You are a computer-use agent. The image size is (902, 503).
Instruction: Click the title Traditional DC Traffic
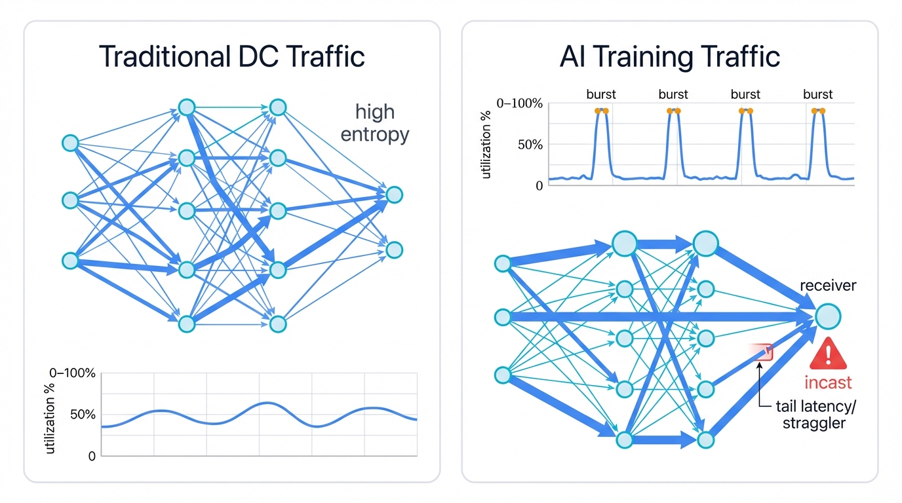[231, 57]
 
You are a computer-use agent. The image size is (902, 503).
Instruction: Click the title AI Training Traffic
[670, 57]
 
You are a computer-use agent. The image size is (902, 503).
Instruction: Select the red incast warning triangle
[829, 354]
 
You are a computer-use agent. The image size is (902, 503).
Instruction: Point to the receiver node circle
[828, 316]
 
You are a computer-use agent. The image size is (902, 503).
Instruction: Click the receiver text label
[828, 286]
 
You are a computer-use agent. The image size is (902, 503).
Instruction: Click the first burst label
[601, 94]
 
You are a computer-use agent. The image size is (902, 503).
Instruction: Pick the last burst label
[817, 94]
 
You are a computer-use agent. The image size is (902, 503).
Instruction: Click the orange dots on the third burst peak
[745, 111]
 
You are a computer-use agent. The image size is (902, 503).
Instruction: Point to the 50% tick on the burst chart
[530, 144]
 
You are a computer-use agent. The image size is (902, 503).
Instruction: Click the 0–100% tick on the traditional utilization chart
[72, 374]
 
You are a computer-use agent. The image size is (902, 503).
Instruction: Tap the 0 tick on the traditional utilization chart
[91, 456]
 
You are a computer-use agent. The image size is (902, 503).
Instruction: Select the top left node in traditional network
[70, 143]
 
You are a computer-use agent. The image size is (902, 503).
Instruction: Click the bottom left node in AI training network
[503, 375]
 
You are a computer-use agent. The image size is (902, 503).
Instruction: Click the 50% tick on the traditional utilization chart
[83, 415]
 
